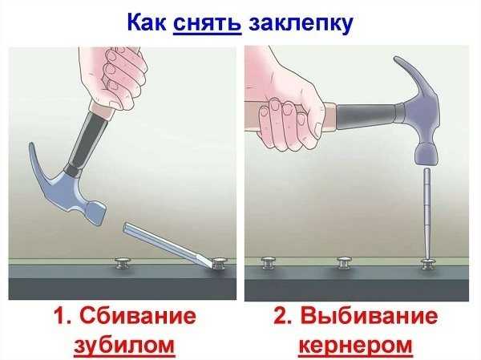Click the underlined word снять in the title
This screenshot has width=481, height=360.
pyautogui.click(x=208, y=22)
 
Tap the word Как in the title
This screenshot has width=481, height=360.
pyautogui.click(x=147, y=22)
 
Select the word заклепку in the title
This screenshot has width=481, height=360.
pyautogui.click(x=301, y=24)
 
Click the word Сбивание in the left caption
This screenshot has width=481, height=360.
pyautogui.click(x=138, y=315)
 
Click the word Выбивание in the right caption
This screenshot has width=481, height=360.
pyautogui.click(x=369, y=315)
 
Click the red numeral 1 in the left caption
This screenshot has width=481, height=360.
pyautogui.click(x=61, y=315)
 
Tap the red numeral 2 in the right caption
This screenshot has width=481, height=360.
pyautogui.click(x=281, y=315)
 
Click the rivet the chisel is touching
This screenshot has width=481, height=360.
pyautogui.click(x=220, y=264)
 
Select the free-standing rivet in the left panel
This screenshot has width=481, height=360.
pyautogui.click(x=123, y=264)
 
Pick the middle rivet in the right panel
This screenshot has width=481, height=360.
pyautogui.click(x=344, y=263)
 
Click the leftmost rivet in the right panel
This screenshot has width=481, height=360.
pyautogui.click(x=269, y=263)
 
